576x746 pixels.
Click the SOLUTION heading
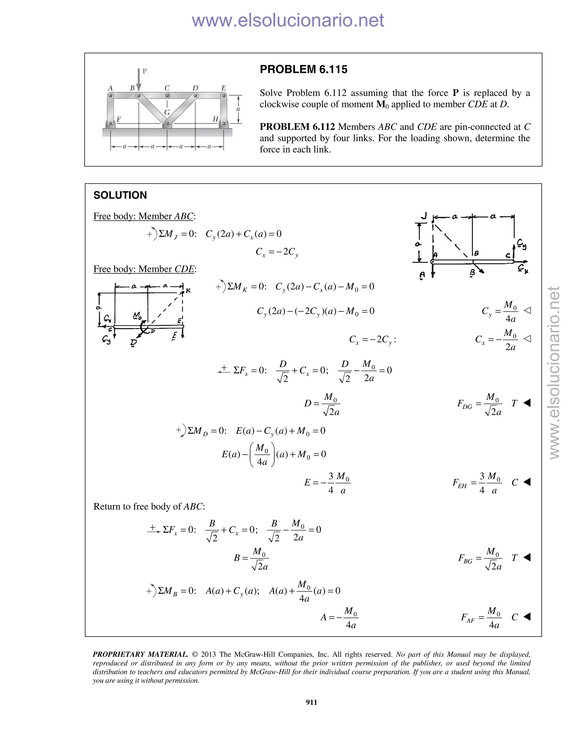point(120,195)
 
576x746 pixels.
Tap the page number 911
point(311,702)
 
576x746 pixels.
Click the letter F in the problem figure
point(119,119)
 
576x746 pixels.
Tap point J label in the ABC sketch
point(424,216)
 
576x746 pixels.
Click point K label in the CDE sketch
point(188,291)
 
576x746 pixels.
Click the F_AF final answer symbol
point(467,618)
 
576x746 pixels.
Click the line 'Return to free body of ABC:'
point(149,506)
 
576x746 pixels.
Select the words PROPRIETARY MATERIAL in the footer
point(140,654)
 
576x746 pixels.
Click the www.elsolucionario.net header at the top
point(288,20)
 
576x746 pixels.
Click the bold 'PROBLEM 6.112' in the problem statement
point(297,127)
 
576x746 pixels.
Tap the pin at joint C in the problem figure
point(167,96)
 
